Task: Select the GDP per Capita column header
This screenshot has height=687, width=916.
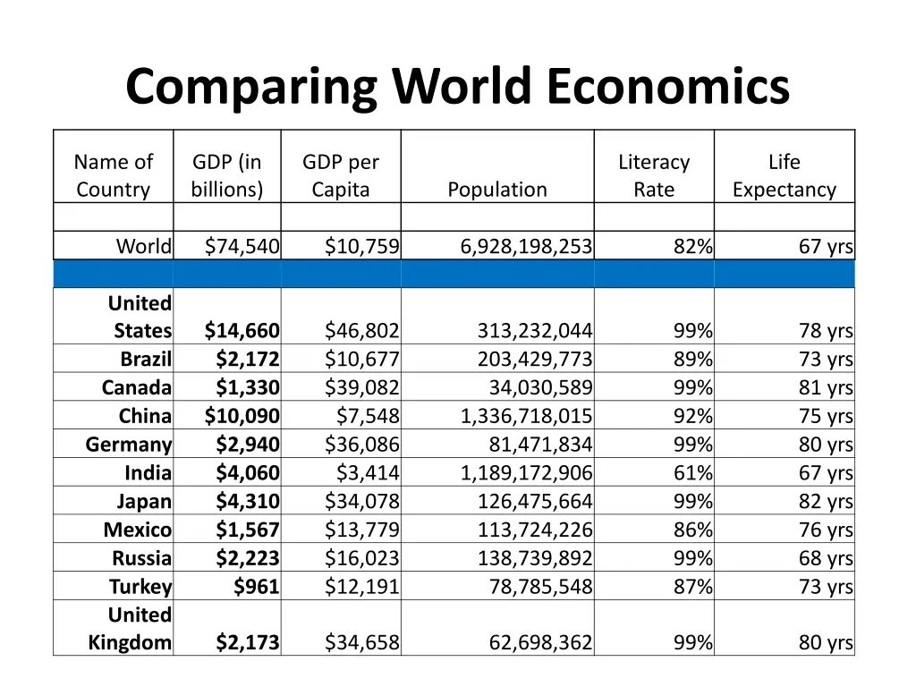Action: [x=340, y=175]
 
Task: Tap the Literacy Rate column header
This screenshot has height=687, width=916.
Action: [x=654, y=175]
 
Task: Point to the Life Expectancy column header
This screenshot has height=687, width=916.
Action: [x=784, y=175]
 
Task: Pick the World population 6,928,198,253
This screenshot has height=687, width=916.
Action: [x=526, y=246]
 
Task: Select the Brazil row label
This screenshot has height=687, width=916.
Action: [x=146, y=360]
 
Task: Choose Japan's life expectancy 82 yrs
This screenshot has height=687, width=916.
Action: [x=826, y=502]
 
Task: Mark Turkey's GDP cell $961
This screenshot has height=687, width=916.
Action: [x=256, y=587]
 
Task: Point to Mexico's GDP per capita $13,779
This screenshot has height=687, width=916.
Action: [x=362, y=530]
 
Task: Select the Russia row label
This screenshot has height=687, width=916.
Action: [x=141, y=559]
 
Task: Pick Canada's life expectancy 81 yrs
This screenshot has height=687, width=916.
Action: [x=826, y=388]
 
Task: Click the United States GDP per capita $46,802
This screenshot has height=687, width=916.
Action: [x=362, y=331]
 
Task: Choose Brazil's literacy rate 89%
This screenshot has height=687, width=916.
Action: [x=693, y=360]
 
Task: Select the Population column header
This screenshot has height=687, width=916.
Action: [x=497, y=190]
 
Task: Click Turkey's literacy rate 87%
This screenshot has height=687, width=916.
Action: [x=693, y=587]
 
